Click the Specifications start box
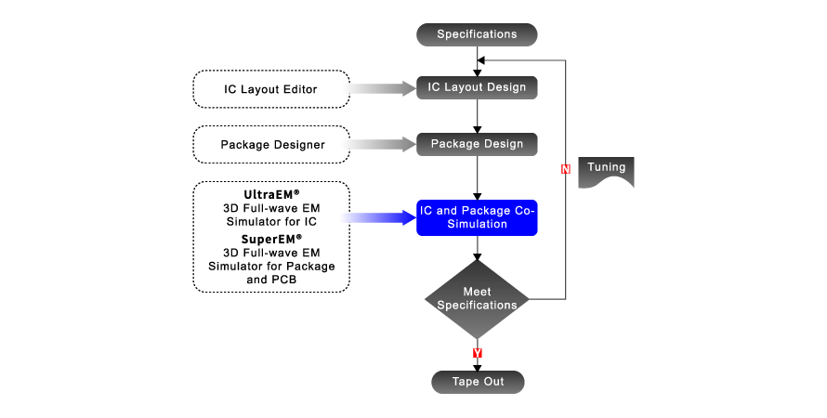tap(477, 34)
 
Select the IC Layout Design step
tap(477, 87)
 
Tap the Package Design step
tap(477, 144)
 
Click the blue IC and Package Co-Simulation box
tap(477, 217)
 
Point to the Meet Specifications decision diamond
tap(477, 298)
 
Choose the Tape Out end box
tap(478, 382)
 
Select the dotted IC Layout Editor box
tap(270, 89)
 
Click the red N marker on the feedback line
tap(565, 169)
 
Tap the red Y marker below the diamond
tap(477, 354)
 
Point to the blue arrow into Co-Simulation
tap(381, 217)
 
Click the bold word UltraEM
tap(267, 194)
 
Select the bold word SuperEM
tap(267, 239)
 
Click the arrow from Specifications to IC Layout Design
tap(477, 59)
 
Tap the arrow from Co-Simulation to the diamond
tap(477, 248)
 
